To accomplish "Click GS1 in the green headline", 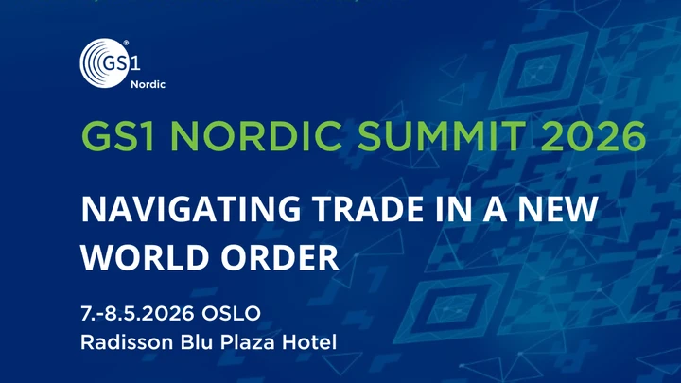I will pos(112,139).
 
